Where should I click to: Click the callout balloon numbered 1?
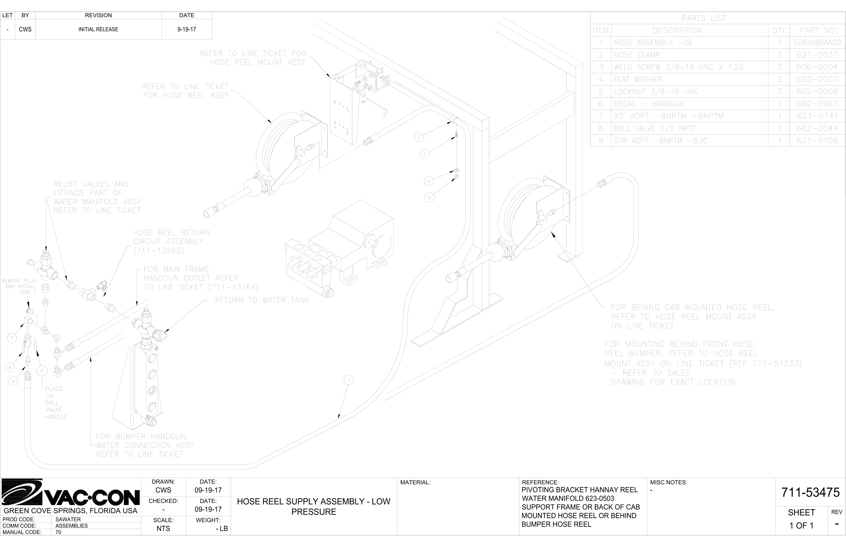pyautogui.click(x=349, y=380)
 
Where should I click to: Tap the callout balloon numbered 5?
pyautogui.click(x=429, y=198)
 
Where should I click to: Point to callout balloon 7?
pyautogui.click(x=12, y=338)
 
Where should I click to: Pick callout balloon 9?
pyautogui.click(x=14, y=382)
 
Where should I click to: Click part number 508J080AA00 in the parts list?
pyautogui.click(x=817, y=43)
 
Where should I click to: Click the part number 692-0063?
pyautogui.click(x=817, y=104)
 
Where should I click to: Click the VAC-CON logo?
pyautogui.click(x=70, y=493)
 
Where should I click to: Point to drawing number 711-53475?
pyautogui.click(x=810, y=492)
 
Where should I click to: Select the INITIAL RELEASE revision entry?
pyautogui.click(x=98, y=30)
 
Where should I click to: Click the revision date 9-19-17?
pyautogui.click(x=186, y=30)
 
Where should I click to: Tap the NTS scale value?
pyautogui.click(x=163, y=528)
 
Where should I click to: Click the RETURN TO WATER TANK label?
pyautogui.click(x=262, y=300)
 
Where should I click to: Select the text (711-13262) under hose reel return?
pyautogui.click(x=159, y=250)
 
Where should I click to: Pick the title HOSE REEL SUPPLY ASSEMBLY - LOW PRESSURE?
pyautogui.click(x=314, y=507)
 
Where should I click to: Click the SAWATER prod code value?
pyautogui.click(x=68, y=519)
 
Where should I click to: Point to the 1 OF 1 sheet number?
pyautogui.click(x=801, y=526)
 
